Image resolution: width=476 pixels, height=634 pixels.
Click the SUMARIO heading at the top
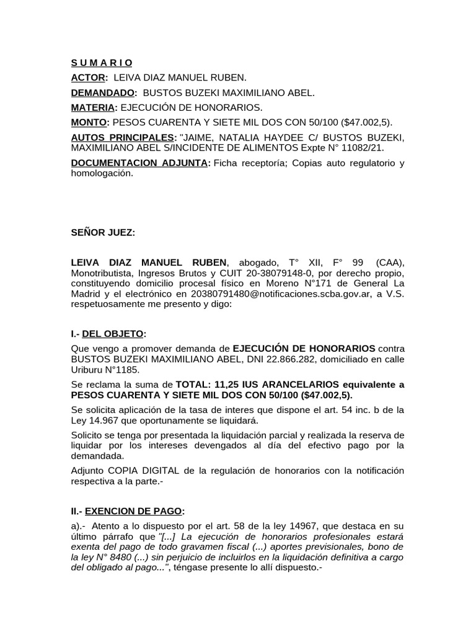coord(102,63)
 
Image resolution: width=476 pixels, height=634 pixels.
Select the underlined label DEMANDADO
coord(103,93)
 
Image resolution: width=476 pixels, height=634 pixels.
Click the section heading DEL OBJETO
coord(117,334)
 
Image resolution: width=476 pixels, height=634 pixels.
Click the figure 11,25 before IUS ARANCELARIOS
coord(226,384)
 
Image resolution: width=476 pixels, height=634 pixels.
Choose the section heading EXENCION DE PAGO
coord(133,511)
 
